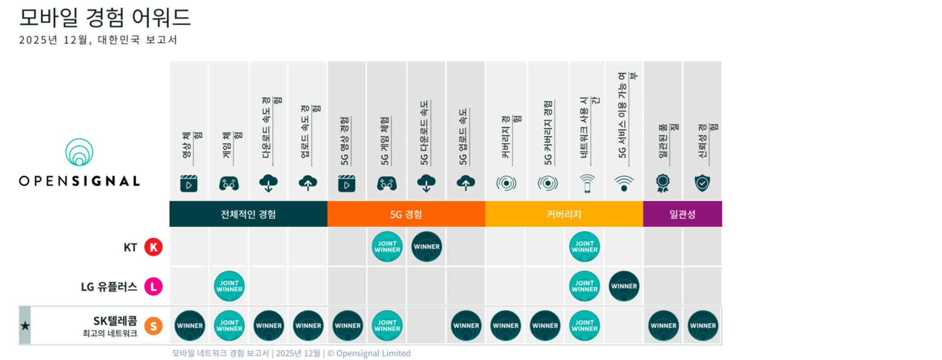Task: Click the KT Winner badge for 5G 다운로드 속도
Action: [x=426, y=247]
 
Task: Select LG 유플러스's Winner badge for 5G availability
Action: [x=624, y=286]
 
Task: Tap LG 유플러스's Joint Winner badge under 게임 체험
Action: [x=229, y=286]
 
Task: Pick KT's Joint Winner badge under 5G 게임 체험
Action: [x=387, y=247]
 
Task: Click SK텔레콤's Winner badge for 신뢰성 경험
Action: [x=703, y=326]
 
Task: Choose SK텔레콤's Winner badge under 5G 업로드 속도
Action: [x=466, y=326]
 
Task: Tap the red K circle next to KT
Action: [x=153, y=247]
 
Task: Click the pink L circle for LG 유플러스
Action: [x=153, y=287]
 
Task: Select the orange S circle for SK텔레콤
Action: [x=153, y=326]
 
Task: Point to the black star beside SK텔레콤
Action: [x=25, y=326]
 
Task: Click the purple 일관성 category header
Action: [x=682, y=214]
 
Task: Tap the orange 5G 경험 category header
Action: [x=406, y=214]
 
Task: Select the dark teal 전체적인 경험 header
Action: [x=248, y=214]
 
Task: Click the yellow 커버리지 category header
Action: [x=564, y=214]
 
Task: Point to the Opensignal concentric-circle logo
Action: [x=79, y=152]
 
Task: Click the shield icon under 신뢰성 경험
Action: [x=702, y=183]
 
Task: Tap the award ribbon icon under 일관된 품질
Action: [x=663, y=183]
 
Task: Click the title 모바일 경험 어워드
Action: [x=105, y=18]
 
